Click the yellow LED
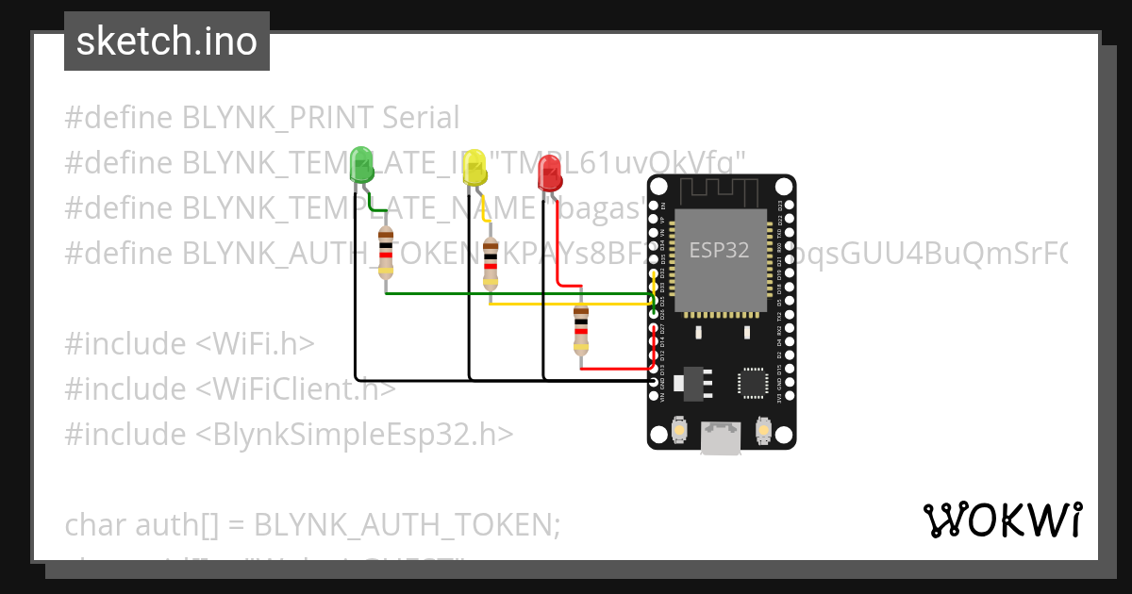coord(474,168)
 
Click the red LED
coord(549,173)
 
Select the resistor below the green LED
coord(386,253)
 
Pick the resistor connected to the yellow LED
coord(490,264)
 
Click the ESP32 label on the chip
coord(719,250)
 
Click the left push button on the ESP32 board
coord(679,432)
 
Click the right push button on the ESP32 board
coord(764,432)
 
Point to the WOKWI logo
coord(1002,520)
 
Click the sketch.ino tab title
coord(167,41)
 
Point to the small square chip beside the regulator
coord(754,381)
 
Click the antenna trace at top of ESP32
coord(722,191)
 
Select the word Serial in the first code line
coord(421,118)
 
